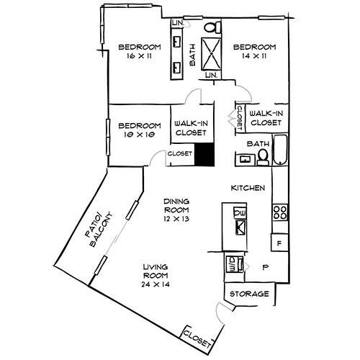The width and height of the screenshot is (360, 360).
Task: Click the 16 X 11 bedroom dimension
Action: pos(140,56)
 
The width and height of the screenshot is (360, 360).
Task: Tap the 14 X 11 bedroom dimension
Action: pos(254,56)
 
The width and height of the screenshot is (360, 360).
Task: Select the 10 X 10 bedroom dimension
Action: pos(140,135)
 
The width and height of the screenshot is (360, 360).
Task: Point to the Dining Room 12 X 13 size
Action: pos(176,219)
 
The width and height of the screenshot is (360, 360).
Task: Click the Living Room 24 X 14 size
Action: pos(156,284)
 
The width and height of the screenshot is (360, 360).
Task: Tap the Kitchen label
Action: pos(248,188)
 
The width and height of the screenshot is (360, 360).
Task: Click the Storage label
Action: pos(249,294)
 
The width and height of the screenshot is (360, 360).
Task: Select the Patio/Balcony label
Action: pos(99,230)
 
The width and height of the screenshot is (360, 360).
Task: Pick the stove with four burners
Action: pos(280,212)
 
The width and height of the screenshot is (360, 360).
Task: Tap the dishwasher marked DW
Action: pos(240,213)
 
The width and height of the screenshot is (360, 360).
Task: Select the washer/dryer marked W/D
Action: pos(235,264)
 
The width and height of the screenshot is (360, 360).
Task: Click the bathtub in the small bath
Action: pos(280,150)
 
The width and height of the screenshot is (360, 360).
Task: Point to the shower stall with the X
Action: pos(211,54)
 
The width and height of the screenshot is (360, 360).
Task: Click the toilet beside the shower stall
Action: pos(212,27)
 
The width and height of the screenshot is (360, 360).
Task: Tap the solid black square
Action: pos(204,154)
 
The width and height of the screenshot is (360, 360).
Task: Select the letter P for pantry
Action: pos(265,267)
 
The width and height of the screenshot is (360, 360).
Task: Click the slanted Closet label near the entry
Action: pos(197,339)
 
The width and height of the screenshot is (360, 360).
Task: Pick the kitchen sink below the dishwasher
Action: pos(240,228)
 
